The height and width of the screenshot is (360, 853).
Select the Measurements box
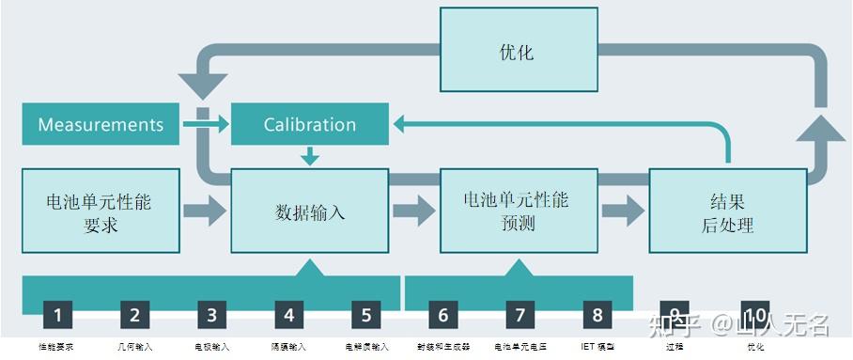coord(101,125)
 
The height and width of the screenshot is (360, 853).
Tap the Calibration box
coord(309,125)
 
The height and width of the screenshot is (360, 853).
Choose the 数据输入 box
coord(309,211)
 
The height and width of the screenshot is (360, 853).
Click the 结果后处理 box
coord(727,211)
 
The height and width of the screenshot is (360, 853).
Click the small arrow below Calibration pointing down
coord(309,156)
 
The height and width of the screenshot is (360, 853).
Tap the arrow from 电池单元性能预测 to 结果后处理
coord(622,211)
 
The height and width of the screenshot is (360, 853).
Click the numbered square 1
coord(57,316)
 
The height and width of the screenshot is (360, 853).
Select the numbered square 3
coord(211,316)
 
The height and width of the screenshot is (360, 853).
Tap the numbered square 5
coord(366,316)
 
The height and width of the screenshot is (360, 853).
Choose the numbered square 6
coord(443,316)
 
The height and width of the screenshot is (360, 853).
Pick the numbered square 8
coord(597,316)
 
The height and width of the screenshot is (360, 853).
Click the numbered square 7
coord(520,316)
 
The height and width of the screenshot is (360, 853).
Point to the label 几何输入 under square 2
coord(134,347)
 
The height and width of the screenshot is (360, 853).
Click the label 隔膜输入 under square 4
coord(288,347)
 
